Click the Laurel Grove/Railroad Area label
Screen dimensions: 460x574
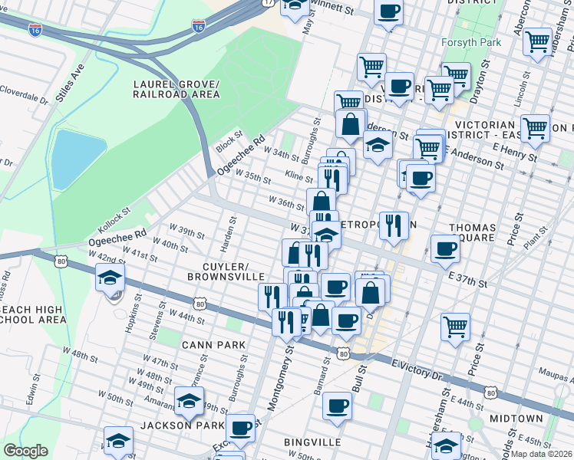coord(176,89)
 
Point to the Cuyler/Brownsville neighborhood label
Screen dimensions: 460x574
coord(229,269)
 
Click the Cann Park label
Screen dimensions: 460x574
coord(214,345)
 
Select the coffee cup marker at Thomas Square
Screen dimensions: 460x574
coord(446,248)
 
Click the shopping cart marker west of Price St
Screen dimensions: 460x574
coord(456,326)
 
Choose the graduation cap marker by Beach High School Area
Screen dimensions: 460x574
coord(111,278)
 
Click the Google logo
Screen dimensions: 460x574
coord(25,451)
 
